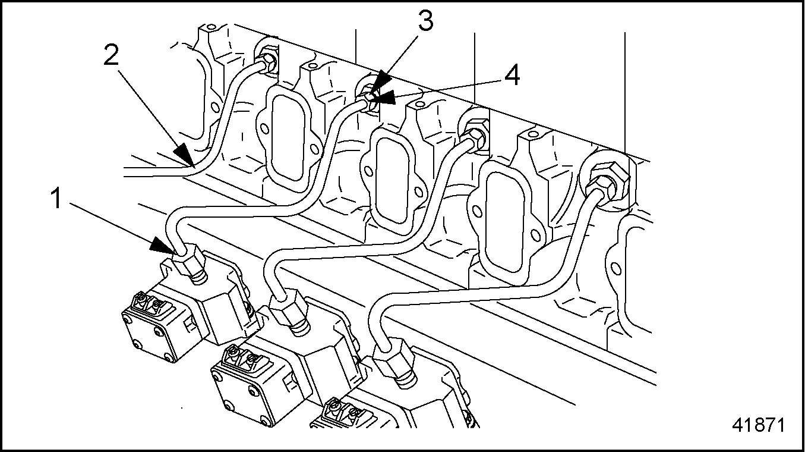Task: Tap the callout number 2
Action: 111,56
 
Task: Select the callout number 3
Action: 424,22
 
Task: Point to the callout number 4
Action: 512,76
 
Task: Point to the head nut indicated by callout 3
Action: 370,98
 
